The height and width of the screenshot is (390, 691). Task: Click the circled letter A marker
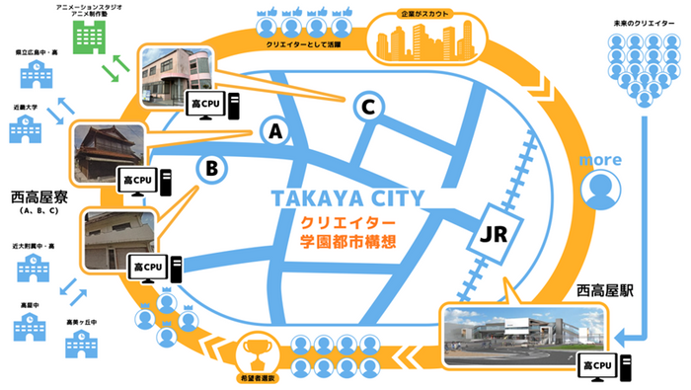pyautogui.click(x=275, y=130)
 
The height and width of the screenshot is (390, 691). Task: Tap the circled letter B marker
pyautogui.click(x=211, y=168)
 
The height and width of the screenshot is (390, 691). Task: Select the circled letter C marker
pyautogui.click(x=367, y=106)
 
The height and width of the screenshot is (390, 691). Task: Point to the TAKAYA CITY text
pyautogui.click(x=350, y=197)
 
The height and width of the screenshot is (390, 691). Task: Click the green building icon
pyautogui.click(x=90, y=38)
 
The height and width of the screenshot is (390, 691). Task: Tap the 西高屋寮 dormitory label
pyautogui.click(x=38, y=196)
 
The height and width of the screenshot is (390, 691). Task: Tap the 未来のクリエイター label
pyautogui.click(x=642, y=20)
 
